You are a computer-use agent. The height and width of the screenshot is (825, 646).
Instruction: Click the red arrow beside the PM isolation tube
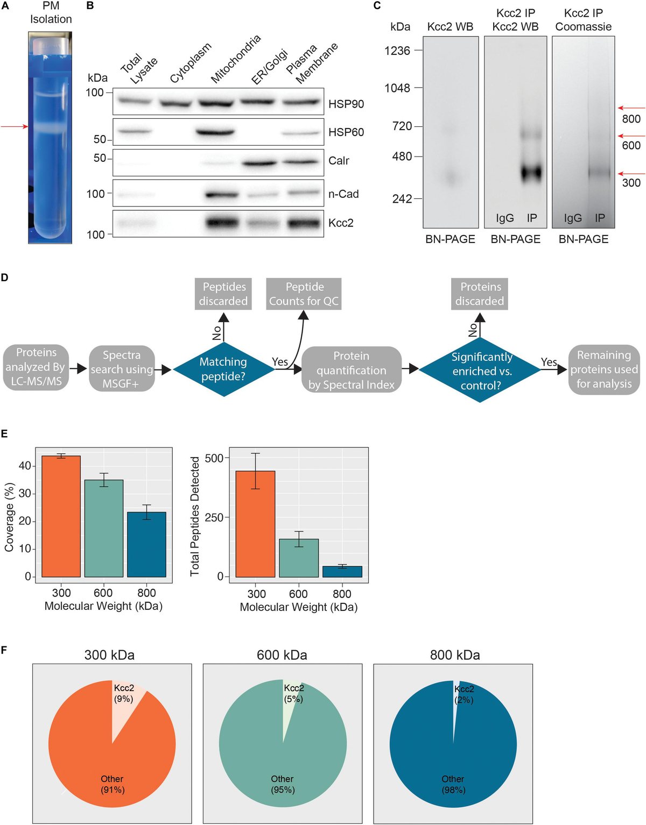(14, 126)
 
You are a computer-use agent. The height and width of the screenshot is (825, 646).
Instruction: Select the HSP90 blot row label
(346, 104)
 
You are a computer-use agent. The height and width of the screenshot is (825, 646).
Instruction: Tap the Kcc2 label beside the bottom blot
(341, 223)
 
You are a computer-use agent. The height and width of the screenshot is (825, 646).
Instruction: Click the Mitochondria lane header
(235, 59)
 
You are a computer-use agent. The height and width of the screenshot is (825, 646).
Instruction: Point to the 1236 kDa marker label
(397, 51)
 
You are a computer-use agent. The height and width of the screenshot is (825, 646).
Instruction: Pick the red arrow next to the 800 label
(631, 108)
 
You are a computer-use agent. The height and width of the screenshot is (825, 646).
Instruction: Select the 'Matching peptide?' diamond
(223, 369)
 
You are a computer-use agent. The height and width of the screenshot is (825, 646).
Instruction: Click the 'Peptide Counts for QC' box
(304, 294)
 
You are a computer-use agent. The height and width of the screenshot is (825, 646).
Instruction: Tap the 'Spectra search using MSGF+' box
(122, 369)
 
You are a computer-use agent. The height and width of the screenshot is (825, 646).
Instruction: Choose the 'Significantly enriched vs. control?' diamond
(480, 371)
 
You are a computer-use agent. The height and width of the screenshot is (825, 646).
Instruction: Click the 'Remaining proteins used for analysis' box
(604, 369)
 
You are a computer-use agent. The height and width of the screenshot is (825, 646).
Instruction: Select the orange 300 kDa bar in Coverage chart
(61, 516)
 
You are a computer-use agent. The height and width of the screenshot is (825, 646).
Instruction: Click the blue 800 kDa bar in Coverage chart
(146, 544)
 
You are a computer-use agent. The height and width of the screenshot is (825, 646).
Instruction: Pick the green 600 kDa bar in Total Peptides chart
(299, 558)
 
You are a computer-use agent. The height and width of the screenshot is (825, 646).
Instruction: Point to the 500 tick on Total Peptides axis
(214, 458)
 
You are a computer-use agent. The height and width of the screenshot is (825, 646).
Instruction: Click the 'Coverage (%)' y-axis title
(9, 517)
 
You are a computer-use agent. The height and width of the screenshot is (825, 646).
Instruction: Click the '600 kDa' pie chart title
(282, 655)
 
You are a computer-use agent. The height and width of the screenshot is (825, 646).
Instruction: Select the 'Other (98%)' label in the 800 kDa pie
(453, 784)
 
